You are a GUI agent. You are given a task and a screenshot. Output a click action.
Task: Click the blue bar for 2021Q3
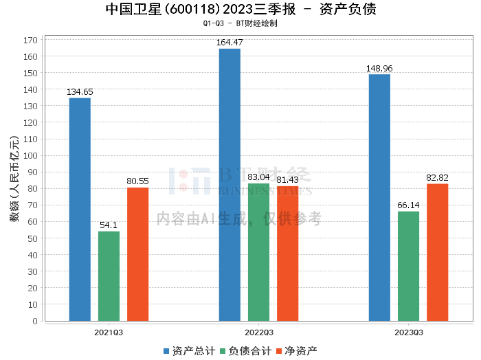[80, 210]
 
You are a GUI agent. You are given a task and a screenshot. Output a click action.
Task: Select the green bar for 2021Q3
[109, 276]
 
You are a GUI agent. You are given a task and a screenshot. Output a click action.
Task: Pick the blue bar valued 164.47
[230, 185]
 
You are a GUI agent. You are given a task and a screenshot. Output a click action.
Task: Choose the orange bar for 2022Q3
[287, 254]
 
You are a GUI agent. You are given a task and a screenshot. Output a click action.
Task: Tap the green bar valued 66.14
[408, 266]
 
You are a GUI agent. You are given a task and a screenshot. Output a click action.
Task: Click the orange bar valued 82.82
[437, 252]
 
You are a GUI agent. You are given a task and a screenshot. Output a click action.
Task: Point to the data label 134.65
[80, 92]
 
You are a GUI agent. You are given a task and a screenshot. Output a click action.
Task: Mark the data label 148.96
[379, 69]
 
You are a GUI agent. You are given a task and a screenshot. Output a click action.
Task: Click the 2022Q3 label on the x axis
[258, 333]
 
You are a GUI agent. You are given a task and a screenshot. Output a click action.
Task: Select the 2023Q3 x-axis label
[408, 333]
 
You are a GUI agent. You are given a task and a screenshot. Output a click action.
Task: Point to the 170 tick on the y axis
[30, 40]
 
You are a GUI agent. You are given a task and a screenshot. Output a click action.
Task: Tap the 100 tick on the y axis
[30, 156]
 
